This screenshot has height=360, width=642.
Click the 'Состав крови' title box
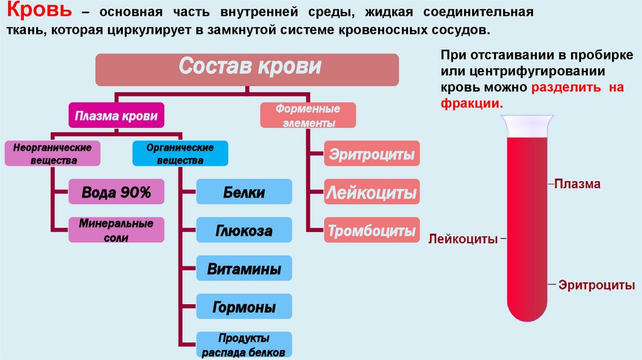click(247, 70)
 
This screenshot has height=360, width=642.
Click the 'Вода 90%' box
click(117, 193)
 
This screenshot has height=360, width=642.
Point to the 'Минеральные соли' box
click(117, 230)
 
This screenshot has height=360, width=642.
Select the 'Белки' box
click(244, 193)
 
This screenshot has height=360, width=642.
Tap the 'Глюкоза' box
click(244, 231)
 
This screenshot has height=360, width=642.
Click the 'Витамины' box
click(244, 270)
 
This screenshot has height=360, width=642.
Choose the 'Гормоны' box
click(244, 308)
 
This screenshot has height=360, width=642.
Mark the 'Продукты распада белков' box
click(244, 344)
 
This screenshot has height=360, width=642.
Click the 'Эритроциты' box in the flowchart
click(372, 154)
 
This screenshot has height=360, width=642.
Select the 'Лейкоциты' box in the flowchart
click(372, 193)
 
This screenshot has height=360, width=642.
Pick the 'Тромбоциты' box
click(372, 231)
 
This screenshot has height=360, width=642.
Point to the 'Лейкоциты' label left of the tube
click(463, 239)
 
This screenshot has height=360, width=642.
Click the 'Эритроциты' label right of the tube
click(594, 285)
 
